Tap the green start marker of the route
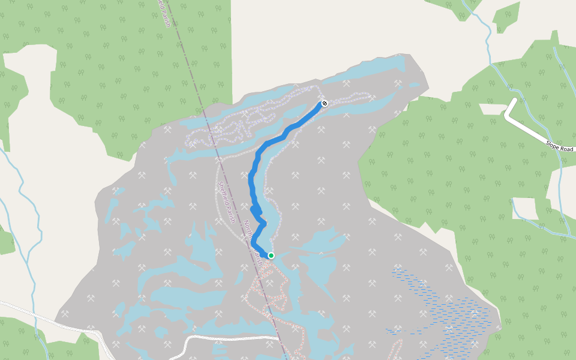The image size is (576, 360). tap(271, 256)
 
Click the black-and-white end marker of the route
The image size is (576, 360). tap(325, 103)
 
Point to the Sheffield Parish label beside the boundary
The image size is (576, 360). tap(227, 202)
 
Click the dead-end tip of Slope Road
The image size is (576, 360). tap(514, 100)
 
